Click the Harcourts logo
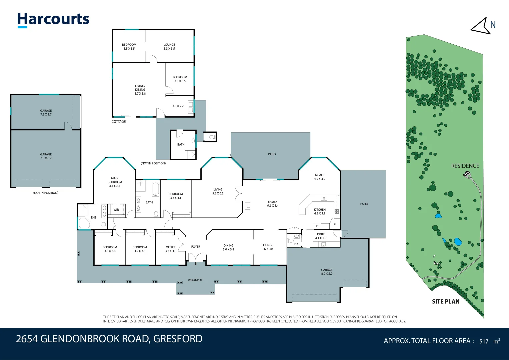point(53,20)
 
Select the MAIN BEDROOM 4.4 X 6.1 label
point(115,182)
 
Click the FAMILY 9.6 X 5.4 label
point(273,204)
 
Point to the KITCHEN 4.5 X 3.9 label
point(320,211)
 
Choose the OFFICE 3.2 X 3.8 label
point(171,249)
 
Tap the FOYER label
point(196,247)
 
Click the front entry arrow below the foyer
point(196,264)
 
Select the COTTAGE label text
point(118,122)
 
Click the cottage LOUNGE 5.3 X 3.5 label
point(169,47)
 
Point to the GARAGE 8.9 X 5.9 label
point(327,272)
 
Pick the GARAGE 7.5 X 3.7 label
point(46,113)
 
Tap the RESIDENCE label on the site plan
point(465,166)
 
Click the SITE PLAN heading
point(446,302)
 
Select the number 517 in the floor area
point(484,341)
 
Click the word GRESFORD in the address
point(178,339)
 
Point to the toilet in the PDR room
point(290,241)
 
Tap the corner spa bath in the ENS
point(84,223)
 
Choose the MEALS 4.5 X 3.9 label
point(319,177)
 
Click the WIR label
point(116,210)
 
